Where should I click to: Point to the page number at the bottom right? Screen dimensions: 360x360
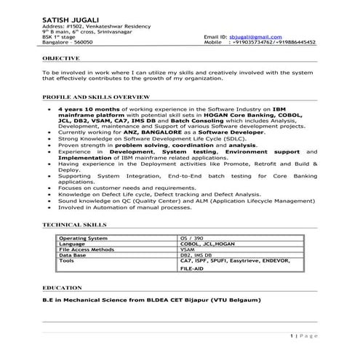pyautogui.click(x=305, y=335)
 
